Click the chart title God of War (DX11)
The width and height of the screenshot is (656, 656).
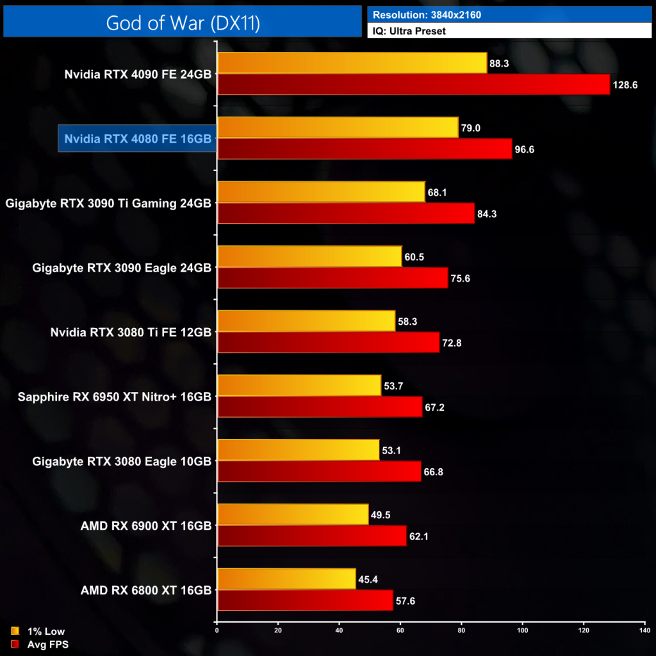click(x=183, y=23)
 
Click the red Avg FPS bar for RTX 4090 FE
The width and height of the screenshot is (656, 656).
click(x=413, y=85)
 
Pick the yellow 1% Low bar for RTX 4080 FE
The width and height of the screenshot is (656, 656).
click(x=338, y=127)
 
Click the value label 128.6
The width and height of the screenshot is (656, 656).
click(x=626, y=85)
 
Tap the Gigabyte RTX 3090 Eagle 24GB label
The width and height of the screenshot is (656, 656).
click(x=122, y=267)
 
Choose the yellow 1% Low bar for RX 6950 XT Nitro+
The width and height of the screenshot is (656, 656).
click(x=299, y=386)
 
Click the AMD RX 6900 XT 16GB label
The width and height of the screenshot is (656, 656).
click(x=146, y=525)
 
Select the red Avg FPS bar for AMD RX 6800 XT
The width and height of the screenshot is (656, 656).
click(x=305, y=600)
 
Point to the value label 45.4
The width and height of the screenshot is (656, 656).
click(x=370, y=578)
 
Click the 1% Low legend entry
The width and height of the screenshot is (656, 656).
click(x=39, y=632)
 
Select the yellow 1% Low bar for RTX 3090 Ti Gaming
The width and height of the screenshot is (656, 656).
click(x=321, y=192)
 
